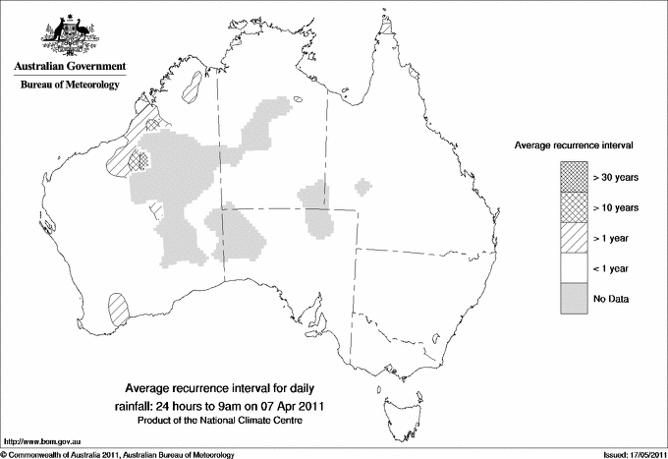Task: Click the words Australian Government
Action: point(70,67)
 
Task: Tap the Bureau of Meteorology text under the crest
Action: point(70,86)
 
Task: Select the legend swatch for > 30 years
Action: point(575,178)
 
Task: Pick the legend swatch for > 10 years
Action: point(575,207)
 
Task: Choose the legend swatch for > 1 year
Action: point(575,238)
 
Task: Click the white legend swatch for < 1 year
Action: point(575,268)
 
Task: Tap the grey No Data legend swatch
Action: point(575,298)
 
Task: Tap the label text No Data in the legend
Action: point(610,298)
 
